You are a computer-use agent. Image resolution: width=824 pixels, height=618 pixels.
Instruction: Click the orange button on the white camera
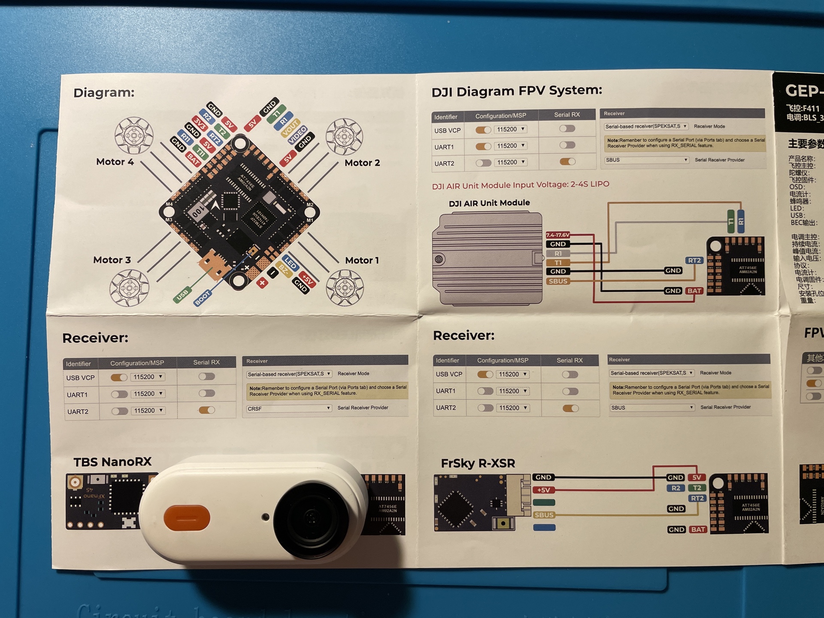point(187,518)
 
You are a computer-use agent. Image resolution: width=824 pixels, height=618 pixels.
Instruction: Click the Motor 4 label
point(115,162)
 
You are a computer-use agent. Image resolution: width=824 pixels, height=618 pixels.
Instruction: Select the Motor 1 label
point(362,261)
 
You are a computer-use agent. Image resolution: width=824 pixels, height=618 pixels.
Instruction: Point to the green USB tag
point(182,295)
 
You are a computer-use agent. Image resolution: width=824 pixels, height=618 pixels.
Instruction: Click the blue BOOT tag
point(202,298)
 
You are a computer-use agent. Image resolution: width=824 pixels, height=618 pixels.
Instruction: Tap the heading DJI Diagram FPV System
point(517,91)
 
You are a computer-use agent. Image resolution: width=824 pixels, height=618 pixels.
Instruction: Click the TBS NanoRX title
point(112,462)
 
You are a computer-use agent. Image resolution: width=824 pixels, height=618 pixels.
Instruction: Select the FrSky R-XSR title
point(478,463)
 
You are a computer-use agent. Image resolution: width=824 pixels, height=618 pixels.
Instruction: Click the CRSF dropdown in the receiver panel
point(289,409)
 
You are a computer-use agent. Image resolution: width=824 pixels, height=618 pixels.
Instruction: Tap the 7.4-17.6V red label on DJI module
point(557,235)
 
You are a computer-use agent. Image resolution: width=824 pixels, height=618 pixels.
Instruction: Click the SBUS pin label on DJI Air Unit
point(557,282)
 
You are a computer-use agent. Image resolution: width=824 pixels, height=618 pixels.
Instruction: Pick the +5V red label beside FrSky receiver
point(543,490)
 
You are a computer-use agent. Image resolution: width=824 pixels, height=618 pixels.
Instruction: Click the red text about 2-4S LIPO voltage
point(520,185)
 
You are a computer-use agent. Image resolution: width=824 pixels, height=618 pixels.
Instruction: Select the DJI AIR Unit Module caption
point(489,203)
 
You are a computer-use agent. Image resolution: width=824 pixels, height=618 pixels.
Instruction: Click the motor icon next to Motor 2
point(344,137)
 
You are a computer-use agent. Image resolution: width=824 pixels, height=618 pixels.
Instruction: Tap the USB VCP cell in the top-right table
point(447,130)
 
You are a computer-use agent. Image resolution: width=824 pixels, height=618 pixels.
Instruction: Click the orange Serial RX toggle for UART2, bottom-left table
point(207,410)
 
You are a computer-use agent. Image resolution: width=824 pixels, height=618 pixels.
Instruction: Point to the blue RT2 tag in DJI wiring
point(694,261)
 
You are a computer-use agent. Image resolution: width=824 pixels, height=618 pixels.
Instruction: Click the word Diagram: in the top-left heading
point(104,93)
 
